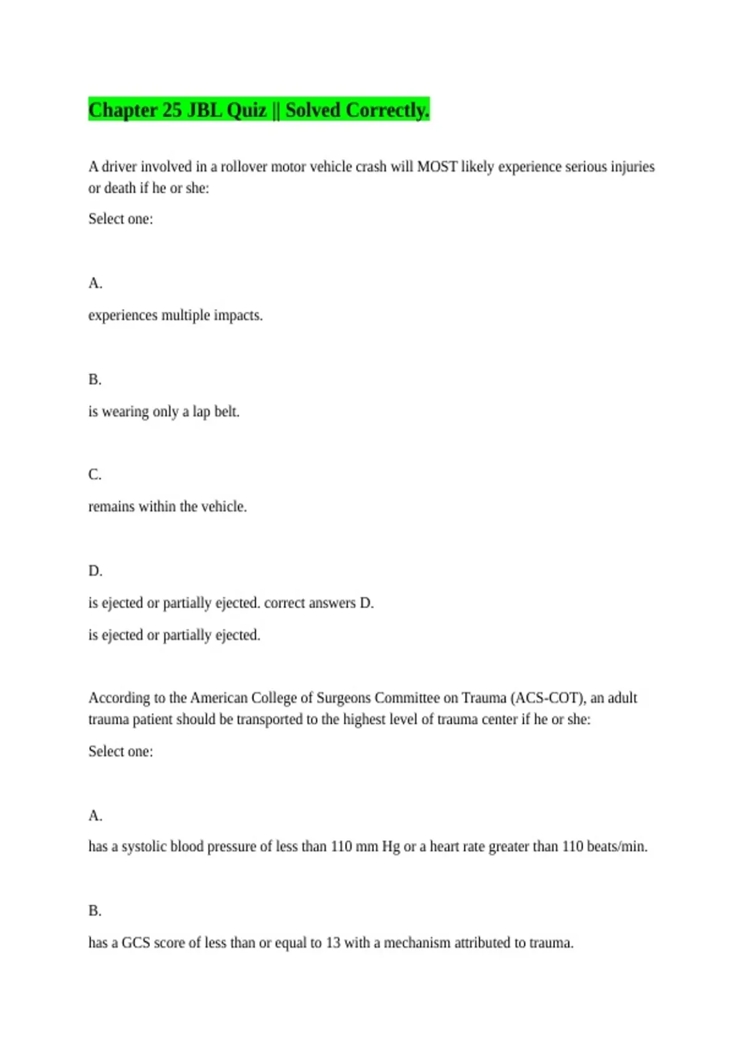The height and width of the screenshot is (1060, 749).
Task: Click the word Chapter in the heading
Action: click(122, 110)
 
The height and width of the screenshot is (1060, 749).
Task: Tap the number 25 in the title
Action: click(172, 110)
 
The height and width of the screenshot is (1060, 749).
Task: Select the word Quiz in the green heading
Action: click(246, 110)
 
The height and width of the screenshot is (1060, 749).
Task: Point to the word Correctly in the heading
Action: click(388, 110)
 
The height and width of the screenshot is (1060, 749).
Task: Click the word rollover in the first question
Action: click(245, 166)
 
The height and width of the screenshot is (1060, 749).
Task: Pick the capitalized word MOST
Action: click(437, 166)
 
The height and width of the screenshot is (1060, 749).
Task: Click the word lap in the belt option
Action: click(201, 412)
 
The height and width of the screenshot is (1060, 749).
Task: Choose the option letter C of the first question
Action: click(94, 475)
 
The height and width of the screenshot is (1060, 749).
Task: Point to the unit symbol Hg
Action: click(391, 847)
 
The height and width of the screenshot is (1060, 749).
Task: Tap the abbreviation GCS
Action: click(135, 943)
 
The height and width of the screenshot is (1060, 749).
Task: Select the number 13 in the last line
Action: click(333, 943)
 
